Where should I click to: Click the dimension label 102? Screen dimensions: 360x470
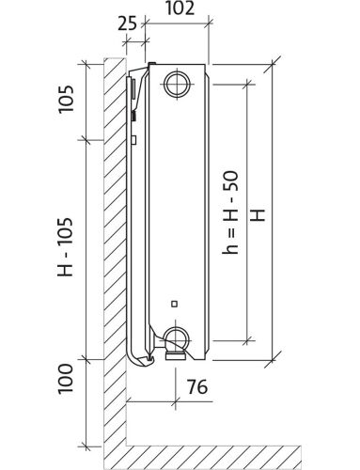(180, 8)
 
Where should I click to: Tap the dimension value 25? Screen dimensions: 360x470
(128, 23)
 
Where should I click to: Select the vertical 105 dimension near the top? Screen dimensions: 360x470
(66, 99)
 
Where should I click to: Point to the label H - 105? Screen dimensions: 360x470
(65, 247)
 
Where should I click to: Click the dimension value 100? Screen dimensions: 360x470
(65, 379)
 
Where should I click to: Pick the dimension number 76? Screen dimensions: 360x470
(197, 386)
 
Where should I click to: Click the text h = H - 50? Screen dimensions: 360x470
(230, 212)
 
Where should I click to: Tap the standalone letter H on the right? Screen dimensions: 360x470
(258, 215)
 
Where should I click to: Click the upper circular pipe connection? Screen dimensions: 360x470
(178, 84)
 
